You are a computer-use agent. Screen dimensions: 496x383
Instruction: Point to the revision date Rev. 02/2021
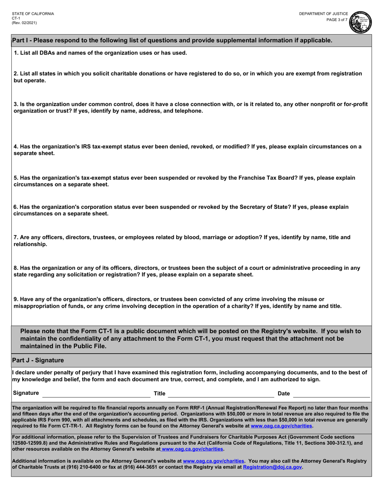click(x=24, y=23)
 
